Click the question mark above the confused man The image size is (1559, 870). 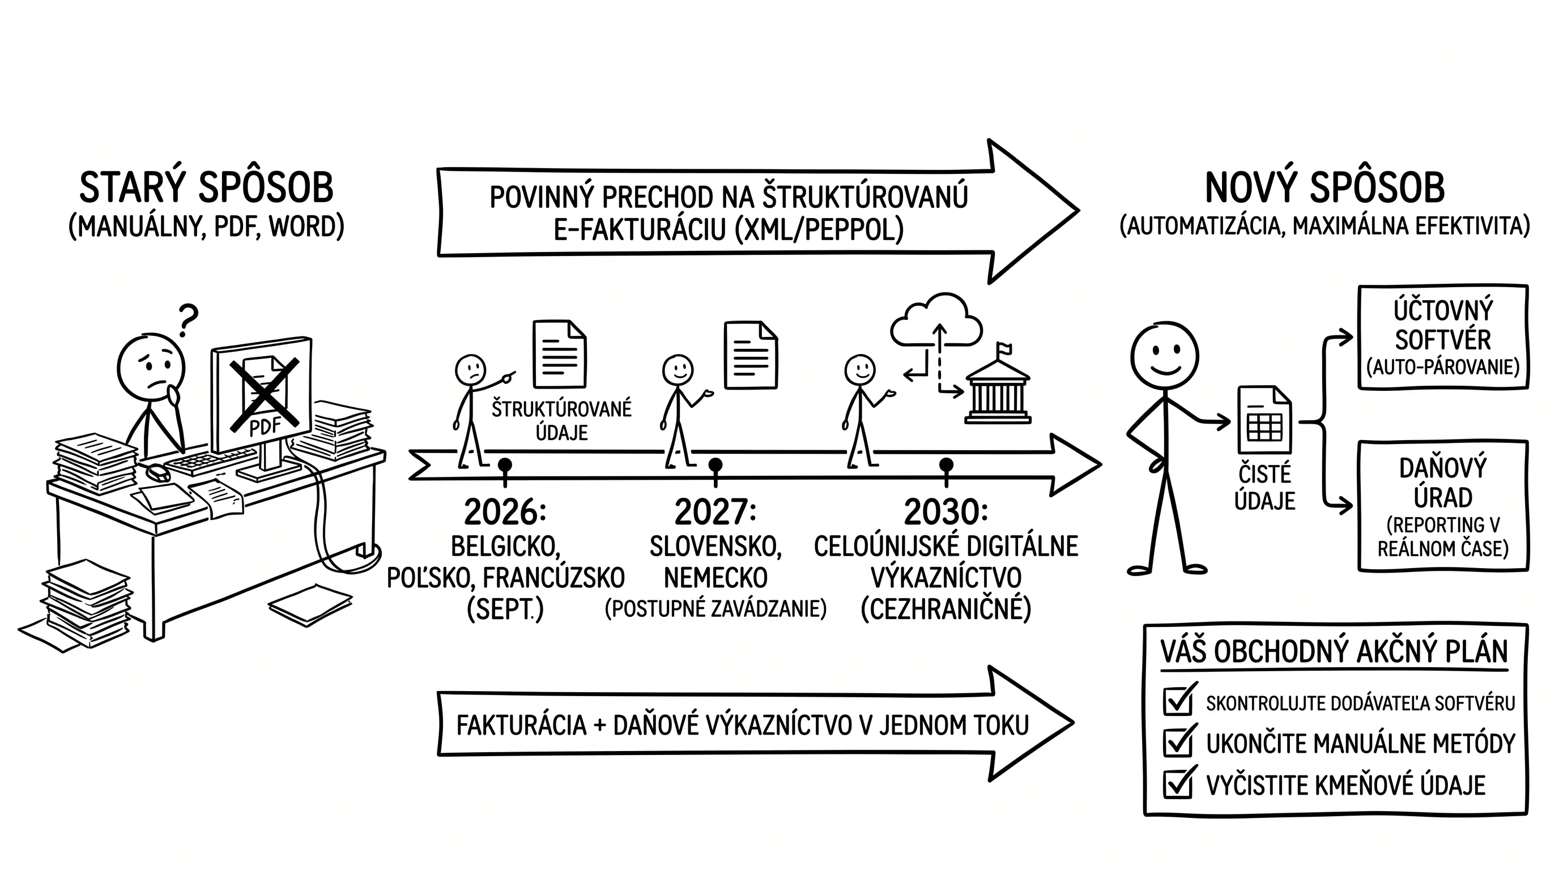click(x=188, y=320)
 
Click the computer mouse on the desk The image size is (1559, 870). click(x=158, y=472)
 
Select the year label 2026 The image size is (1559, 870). click(x=505, y=512)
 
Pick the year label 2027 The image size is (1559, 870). click(x=715, y=512)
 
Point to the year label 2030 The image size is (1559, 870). click(x=946, y=512)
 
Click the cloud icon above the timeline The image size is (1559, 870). click(x=936, y=321)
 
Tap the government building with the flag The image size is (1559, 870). click(x=998, y=385)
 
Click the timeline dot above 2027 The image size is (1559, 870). click(x=715, y=464)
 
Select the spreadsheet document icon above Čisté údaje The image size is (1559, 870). click(x=1264, y=420)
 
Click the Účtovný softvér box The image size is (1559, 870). click(x=1443, y=338)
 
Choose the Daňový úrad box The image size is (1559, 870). click(x=1443, y=506)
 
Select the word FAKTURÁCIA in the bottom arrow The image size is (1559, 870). click(x=521, y=725)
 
